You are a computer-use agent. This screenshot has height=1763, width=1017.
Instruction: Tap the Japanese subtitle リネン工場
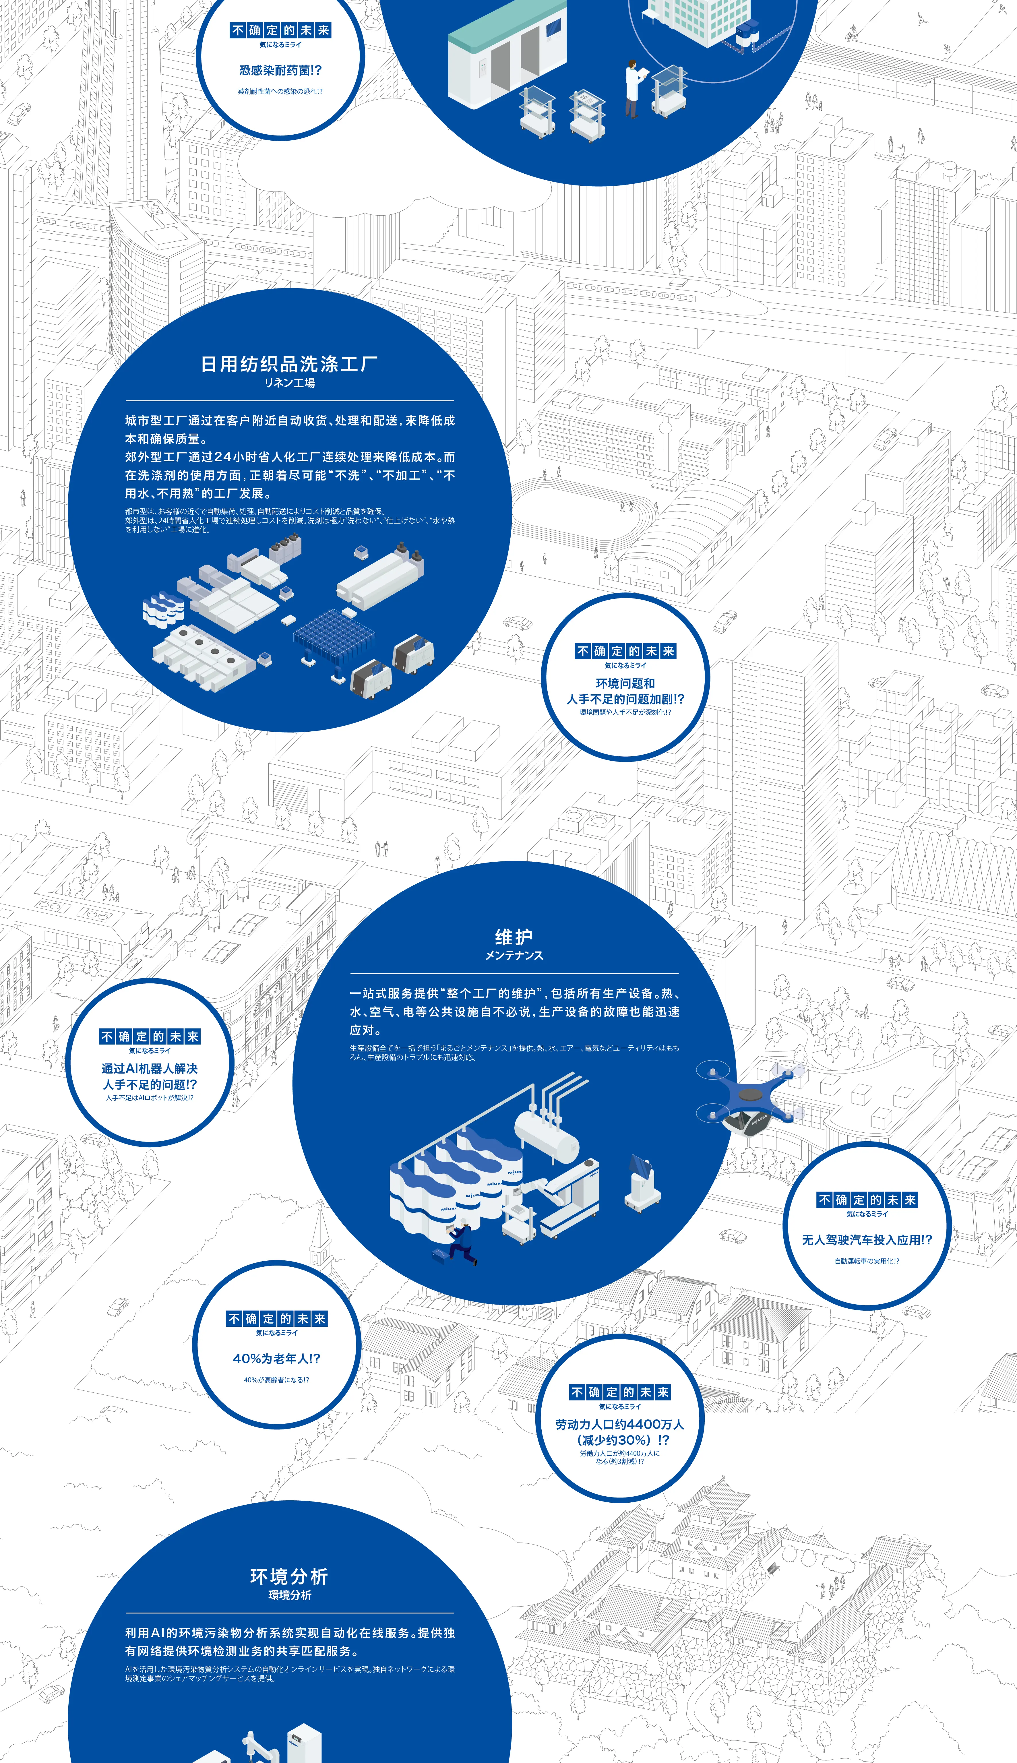pyautogui.click(x=289, y=383)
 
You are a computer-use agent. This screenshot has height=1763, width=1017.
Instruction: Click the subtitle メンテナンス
pyautogui.click(x=514, y=956)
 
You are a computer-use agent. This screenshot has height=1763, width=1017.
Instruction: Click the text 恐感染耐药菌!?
pyautogui.click(x=280, y=70)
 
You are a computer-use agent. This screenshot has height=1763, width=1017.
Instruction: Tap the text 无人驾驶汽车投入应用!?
pyautogui.click(x=867, y=1240)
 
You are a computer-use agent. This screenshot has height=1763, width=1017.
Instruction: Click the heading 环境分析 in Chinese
pyautogui.click(x=289, y=1576)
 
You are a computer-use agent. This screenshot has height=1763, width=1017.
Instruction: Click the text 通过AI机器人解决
pyautogui.click(x=150, y=1069)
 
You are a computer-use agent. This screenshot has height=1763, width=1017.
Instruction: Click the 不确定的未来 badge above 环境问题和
pyautogui.click(x=625, y=651)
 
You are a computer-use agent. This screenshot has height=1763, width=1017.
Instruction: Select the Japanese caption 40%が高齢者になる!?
pyautogui.click(x=277, y=1380)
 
